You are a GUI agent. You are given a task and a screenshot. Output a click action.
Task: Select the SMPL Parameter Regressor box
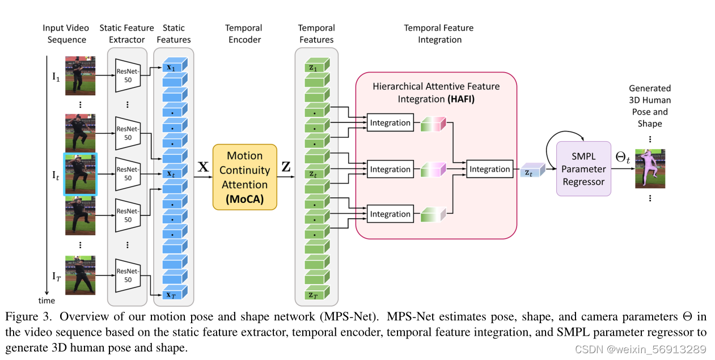point(583,168)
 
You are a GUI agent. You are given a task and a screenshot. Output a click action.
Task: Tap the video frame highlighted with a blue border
point(80,174)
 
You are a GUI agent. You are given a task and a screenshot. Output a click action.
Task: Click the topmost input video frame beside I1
point(80,75)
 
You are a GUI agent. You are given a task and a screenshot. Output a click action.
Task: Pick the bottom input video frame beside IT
point(80,275)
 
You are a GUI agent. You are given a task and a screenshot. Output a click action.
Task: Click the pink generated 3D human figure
point(650,168)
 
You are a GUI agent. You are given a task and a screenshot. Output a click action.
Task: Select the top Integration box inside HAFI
point(390,122)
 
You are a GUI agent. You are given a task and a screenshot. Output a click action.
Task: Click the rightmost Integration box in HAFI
point(489,169)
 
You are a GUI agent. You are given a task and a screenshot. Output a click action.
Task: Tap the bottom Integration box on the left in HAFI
point(390,214)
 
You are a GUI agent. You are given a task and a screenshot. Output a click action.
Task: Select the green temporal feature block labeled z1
point(314,67)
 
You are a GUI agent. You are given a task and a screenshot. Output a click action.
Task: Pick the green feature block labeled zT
point(314,294)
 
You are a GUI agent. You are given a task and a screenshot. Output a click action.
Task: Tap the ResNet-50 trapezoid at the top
point(128,75)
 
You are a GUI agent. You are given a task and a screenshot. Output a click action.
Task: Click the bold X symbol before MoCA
point(202,167)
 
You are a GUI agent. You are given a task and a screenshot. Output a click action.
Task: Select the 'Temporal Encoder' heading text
point(243,33)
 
